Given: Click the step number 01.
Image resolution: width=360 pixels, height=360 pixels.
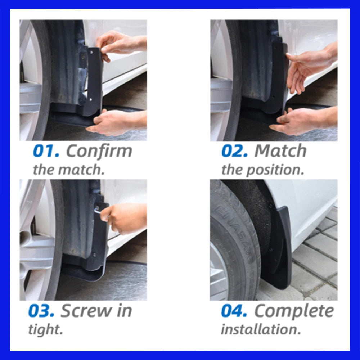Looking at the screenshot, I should point(46,151).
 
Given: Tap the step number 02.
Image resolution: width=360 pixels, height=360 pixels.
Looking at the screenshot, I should point(234,151).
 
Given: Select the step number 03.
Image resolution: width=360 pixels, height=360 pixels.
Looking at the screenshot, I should point(41,311).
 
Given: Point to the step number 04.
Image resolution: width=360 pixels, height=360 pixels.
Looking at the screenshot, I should point(234,311).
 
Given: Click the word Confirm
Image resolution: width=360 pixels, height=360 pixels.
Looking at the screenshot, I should point(99,151).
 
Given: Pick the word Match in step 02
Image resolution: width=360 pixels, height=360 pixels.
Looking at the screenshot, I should point(280,151).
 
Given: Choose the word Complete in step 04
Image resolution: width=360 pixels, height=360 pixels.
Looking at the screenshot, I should point(294,311).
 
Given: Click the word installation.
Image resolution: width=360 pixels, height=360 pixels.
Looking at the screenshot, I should point(261,329).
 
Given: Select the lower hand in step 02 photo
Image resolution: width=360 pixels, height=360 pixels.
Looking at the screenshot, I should point(302,121).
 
